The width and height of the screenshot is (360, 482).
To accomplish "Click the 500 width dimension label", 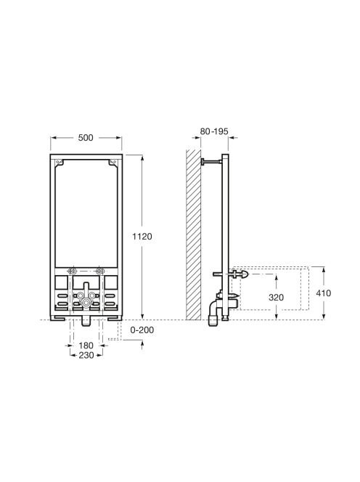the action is [x=86, y=138].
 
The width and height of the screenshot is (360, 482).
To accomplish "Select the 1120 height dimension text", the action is [x=142, y=237].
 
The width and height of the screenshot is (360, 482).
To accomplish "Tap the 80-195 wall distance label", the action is [x=214, y=131].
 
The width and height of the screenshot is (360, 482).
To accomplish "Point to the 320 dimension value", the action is [x=276, y=297].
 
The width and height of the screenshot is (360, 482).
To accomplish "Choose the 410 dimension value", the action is [x=324, y=293].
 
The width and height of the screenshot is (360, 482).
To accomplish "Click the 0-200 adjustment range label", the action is [x=142, y=330].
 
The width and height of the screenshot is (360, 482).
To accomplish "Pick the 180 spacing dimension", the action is [x=86, y=346].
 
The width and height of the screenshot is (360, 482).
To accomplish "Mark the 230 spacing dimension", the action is [x=86, y=355].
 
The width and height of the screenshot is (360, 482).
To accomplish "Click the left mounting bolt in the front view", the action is [x=73, y=271].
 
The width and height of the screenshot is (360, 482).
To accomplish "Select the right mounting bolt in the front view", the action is [x=99, y=271].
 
